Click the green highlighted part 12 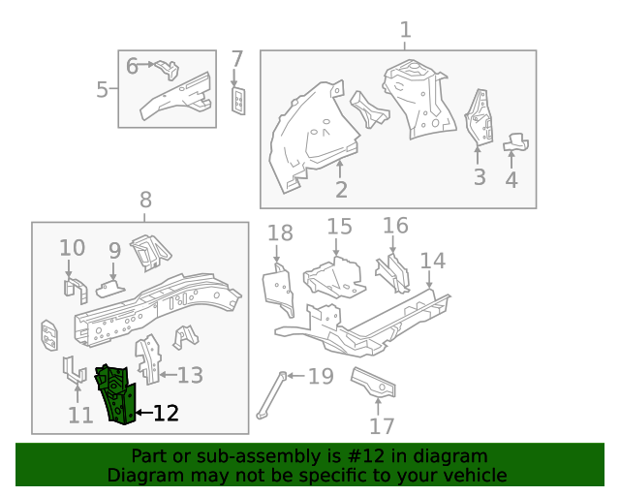pyautogui.click(x=115, y=393)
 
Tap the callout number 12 pyautogui.click(x=166, y=414)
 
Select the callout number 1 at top pyautogui.click(x=406, y=30)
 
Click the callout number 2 pyautogui.click(x=341, y=189)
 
